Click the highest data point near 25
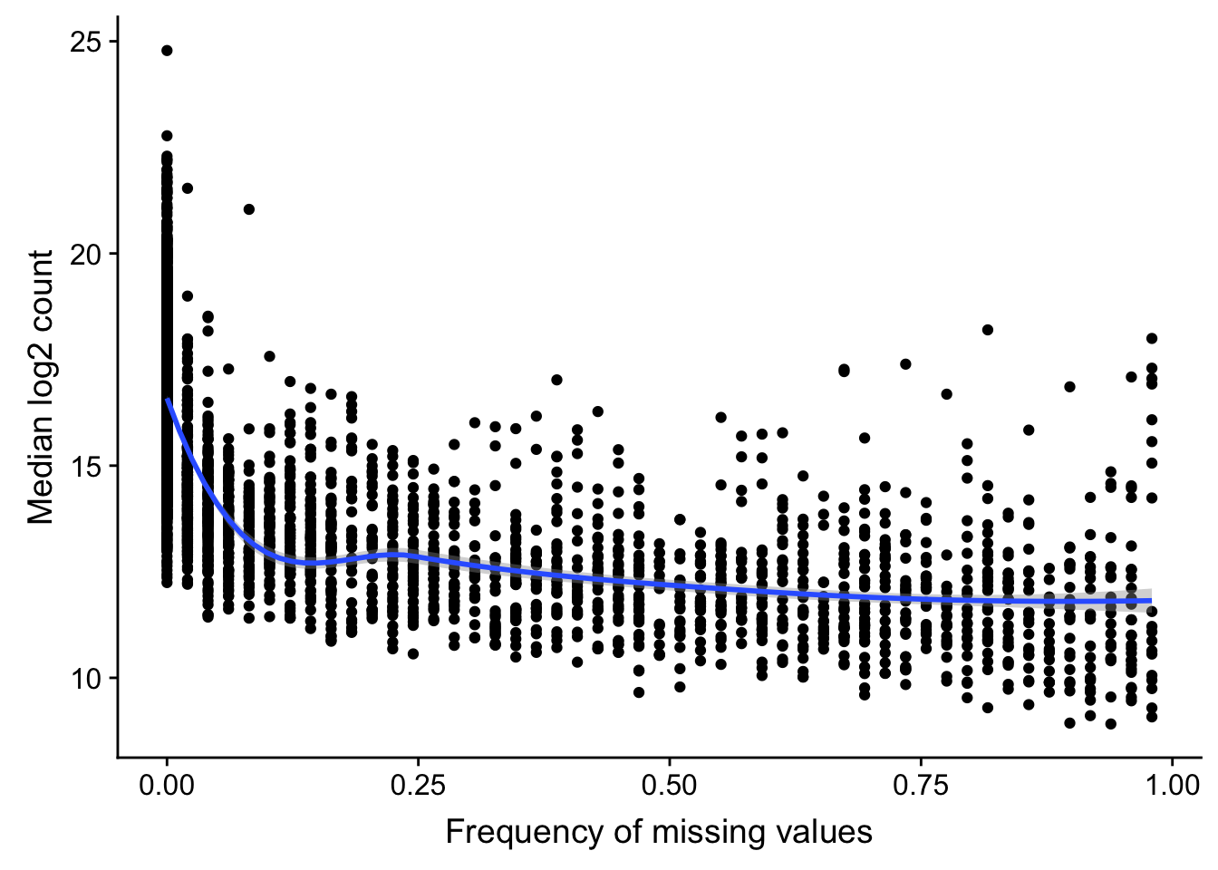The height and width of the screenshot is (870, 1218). pos(167,51)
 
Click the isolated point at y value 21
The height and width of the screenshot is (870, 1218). pos(249,209)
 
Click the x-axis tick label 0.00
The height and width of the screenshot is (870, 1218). pos(167,784)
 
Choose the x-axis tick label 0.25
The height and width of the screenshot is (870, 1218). pos(418,784)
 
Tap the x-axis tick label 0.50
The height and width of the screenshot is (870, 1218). pos(669,784)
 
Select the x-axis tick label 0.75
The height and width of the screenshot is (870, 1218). pos(921,784)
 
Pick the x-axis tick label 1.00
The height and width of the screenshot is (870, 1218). pos(1172,784)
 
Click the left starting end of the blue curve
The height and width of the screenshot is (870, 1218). pos(168,399)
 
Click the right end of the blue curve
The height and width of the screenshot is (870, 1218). pos(1151,600)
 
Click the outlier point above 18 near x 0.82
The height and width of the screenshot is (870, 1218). pos(988,330)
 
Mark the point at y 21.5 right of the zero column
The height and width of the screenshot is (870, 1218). pos(188,188)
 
